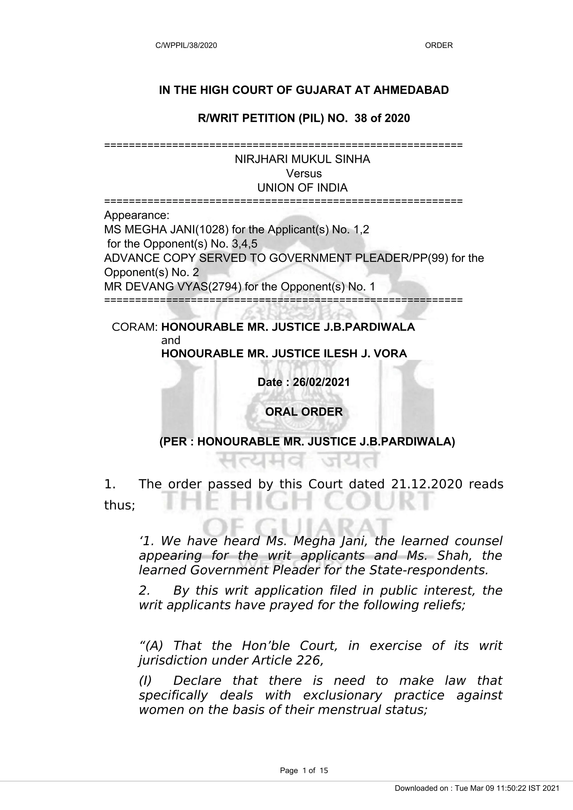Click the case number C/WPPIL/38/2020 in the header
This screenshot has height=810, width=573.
point(186,46)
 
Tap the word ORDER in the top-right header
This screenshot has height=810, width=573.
point(438,46)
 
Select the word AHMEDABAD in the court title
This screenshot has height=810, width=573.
point(411,90)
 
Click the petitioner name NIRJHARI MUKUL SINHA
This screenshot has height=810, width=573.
point(302,160)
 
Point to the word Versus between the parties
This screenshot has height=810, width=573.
point(304,174)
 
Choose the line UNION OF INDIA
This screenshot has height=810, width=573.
point(302,188)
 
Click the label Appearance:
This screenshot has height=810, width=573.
point(137,215)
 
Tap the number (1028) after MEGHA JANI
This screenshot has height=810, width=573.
point(212,230)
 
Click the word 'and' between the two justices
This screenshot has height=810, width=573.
point(170,340)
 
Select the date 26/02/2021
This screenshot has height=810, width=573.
point(321,382)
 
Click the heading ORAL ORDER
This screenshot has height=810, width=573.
point(304,412)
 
